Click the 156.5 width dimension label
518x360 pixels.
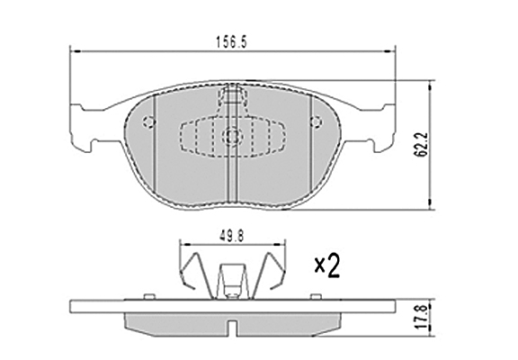click(231, 42)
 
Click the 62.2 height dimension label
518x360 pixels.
click(422, 145)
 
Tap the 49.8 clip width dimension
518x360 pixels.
click(232, 236)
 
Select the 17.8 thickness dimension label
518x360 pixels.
click(422, 319)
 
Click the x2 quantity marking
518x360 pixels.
click(327, 265)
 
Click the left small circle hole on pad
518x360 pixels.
click(149, 122)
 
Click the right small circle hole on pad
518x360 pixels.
click(317, 122)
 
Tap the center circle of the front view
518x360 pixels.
click(232, 136)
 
